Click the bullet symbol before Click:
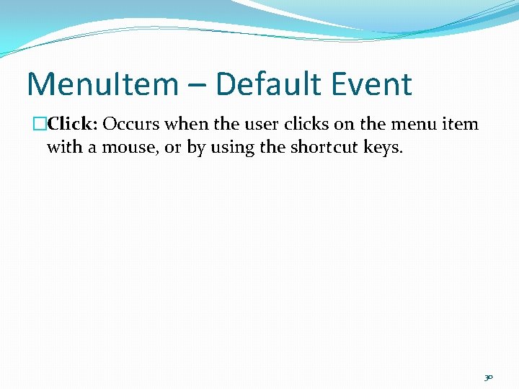click(x=41, y=124)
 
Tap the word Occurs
click(x=132, y=124)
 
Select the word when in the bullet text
click(x=187, y=124)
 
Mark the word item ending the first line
click(x=463, y=124)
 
